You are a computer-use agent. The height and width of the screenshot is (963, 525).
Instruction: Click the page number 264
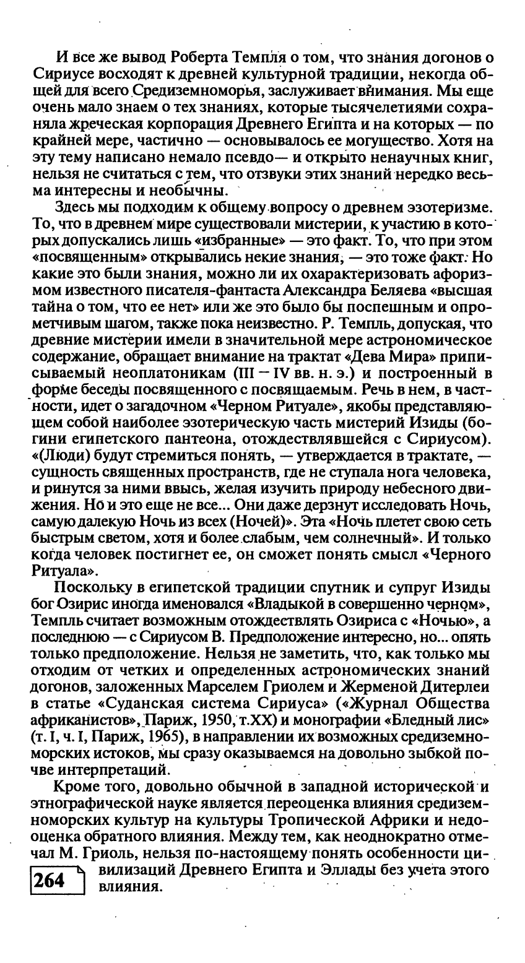pyautogui.click(x=52, y=880)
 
